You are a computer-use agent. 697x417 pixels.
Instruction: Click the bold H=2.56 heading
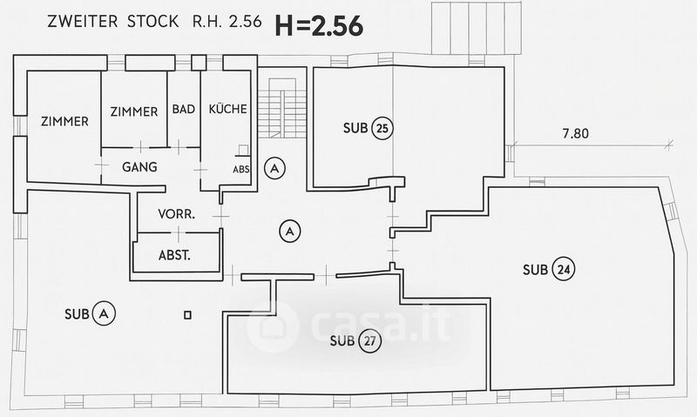[319, 26]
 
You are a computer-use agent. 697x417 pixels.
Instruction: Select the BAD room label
[183, 111]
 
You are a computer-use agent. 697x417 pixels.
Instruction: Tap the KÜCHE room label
[227, 110]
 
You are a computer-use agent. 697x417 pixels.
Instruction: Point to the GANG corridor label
[139, 166]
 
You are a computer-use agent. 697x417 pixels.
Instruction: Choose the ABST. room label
[175, 256]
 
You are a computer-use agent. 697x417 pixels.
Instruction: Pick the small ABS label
[241, 170]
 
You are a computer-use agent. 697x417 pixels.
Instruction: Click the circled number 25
[381, 129]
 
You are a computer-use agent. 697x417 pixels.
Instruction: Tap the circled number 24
[564, 269]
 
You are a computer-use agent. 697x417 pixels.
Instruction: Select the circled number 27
[371, 340]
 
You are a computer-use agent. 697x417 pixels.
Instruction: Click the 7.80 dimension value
[575, 134]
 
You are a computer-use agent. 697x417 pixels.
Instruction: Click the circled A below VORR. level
[289, 231]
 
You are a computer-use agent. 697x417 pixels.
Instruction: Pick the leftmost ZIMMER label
[64, 122]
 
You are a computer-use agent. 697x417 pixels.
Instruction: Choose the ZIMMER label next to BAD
[134, 111]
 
